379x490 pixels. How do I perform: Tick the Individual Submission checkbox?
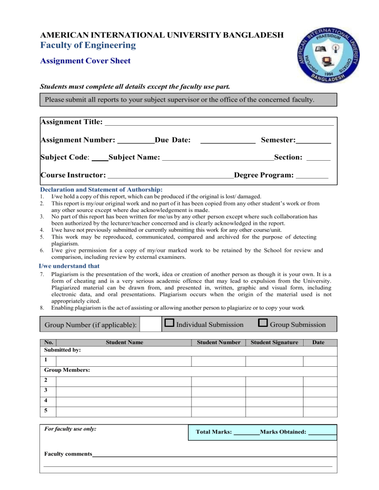tap(169, 323)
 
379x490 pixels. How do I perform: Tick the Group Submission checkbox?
tap(263, 323)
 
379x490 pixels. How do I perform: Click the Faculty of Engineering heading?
tap(87, 46)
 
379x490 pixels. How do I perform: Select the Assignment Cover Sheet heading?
tap(85, 62)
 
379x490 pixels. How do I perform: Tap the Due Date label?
tap(173, 140)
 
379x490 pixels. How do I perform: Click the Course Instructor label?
tap(73, 175)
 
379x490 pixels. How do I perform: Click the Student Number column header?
tap(219, 342)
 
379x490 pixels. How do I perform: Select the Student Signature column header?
tap(274, 342)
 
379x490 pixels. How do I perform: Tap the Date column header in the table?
tap(319, 342)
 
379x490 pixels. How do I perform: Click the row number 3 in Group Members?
tap(45, 390)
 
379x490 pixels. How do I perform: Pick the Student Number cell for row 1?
tap(219, 361)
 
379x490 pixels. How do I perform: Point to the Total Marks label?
tap(214, 432)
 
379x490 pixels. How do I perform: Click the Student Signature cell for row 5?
tap(274, 411)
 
